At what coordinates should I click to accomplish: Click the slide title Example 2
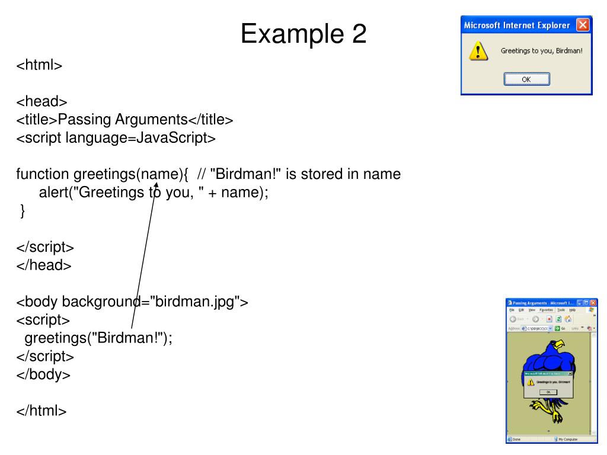[x=303, y=33]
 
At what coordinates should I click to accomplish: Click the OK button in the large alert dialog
[x=526, y=79]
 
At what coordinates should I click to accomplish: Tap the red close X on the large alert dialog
[x=583, y=25]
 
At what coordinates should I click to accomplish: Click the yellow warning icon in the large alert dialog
[x=478, y=52]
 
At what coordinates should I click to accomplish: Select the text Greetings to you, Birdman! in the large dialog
[x=541, y=51]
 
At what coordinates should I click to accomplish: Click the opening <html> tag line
[x=39, y=65]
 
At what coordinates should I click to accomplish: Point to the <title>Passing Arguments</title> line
[x=124, y=120]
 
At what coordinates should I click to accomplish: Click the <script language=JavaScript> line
[x=116, y=138]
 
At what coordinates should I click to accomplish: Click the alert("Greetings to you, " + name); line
[x=154, y=193]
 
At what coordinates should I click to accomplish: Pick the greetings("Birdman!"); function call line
[x=98, y=338]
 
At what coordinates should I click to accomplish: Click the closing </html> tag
[x=41, y=411]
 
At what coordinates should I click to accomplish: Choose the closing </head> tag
[x=44, y=265]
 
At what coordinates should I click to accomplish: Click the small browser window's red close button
[x=593, y=303]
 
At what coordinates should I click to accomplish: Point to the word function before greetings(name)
[x=43, y=175]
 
